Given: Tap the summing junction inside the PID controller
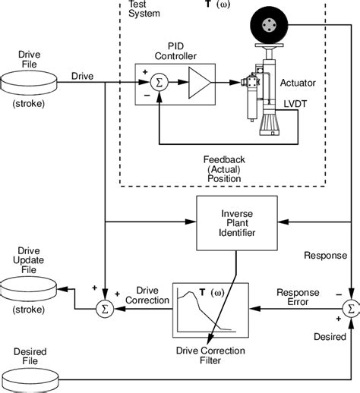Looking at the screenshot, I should click(158, 83).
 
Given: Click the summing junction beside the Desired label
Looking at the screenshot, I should click(350, 309).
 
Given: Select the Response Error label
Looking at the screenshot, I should click(297, 297).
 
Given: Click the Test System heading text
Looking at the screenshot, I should click(138, 7).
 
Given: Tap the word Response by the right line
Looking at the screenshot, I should click(326, 256).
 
